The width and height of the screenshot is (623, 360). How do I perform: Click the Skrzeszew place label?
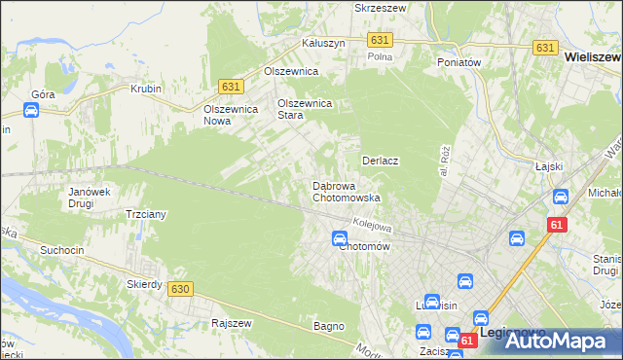[380, 7]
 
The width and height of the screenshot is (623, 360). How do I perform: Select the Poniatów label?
[459, 62]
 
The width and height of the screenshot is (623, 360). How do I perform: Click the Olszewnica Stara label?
[305, 108]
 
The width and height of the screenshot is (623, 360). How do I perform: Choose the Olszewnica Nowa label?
[230, 115]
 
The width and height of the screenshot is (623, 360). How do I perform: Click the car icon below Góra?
[30, 111]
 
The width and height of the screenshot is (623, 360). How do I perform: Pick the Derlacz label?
[382, 160]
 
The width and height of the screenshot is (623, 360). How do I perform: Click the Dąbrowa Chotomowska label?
[345, 192]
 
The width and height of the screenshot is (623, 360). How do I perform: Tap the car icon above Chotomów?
[340, 238]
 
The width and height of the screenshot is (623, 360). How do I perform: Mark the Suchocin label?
[60, 250]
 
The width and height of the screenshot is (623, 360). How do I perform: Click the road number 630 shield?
[178, 289]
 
